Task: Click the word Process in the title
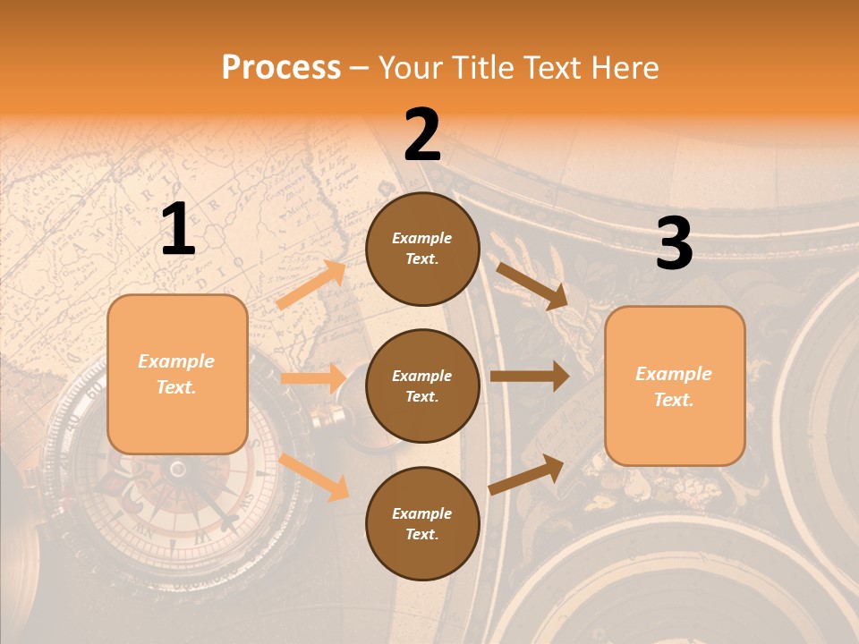click(281, 68)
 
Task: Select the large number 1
click(178, 230)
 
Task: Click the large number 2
click(422, 135)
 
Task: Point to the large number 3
click(674, 243)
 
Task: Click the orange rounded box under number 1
click(177, 374)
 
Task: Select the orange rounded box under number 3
click(675, 386)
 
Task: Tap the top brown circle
click(422, 249)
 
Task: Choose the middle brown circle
click(422, 386)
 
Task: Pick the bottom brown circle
click(422, 523)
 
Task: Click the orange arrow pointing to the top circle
click(312, 284)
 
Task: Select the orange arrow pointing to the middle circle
click(313, 378)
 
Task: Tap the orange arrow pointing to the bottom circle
click(314, 477)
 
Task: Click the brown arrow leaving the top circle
click(532, 285)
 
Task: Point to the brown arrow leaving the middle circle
click(529, 377)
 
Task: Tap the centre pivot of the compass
click(178, 468)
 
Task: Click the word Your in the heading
click(411, 68)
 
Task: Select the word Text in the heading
click(550, 68)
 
